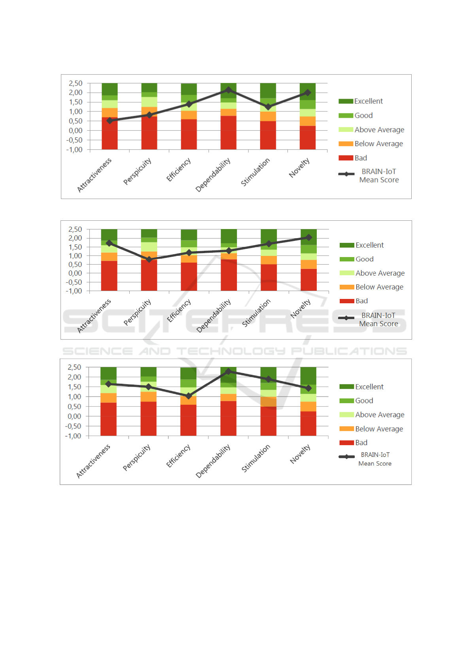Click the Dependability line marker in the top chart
click(x=228, y=90)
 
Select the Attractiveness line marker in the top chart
click(x=110, y=120)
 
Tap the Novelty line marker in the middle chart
click(x=308, y=237)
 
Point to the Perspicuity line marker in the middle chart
click(x=149, y=259)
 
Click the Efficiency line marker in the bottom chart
click(x=189, y=396)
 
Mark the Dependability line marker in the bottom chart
click(x=228, y=372)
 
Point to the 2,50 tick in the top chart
click(x=76, y=83)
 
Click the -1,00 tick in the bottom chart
click(x=73, y=436)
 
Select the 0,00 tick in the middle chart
click(x=75, y=273)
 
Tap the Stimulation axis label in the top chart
click(x=255, y=172)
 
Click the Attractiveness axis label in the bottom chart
click(x=93, y=461)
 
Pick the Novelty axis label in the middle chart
click(x=301, y=308)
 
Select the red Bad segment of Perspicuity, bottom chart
click(x=148, y=419)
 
